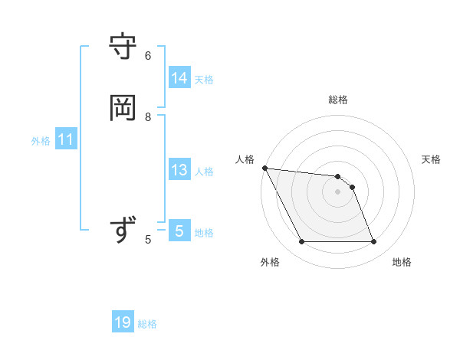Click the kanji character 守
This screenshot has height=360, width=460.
click(123, 47)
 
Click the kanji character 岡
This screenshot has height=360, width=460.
click(123, 108)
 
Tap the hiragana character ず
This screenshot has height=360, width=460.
click(123, 231)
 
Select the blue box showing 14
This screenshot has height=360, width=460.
click(179, 77)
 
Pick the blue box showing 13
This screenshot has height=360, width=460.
click(179, 170)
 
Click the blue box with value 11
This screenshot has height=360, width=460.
click(66, 139)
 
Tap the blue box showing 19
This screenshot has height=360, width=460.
click(123, 322)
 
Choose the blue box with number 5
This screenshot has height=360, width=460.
click(179, 231)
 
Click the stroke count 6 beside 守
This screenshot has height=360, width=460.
click(148, 56)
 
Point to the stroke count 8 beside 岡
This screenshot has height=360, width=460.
click(148, 117)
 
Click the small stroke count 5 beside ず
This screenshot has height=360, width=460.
click(148, 240)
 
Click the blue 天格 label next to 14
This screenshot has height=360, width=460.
click(204, 80)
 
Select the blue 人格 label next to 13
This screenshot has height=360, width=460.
click(204, 172)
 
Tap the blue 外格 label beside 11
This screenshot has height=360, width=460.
click(41, 141)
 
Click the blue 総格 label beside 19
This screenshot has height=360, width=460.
click(147, 325)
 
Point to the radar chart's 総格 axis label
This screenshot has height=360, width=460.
click(338, 100)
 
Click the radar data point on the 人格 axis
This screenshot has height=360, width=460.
click(264, 168)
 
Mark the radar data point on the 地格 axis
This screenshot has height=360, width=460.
click(374, 242)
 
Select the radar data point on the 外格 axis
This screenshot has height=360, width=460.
click(301, 242)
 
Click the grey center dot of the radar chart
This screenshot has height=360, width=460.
click(338, 191)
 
